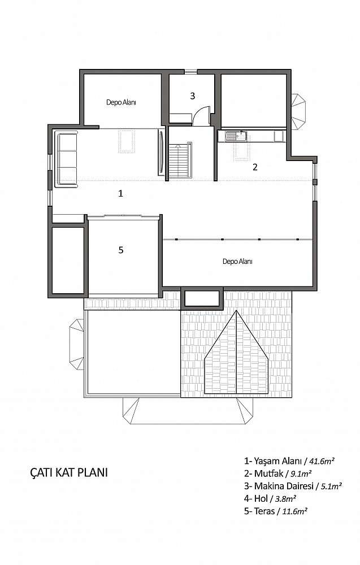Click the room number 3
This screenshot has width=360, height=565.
point(192,96)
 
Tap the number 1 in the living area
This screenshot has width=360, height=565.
point(121,193)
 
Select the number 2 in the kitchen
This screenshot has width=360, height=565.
point(255,167)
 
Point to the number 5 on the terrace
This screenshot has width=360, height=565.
point(121,250)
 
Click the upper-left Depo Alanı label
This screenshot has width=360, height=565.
point(121,102)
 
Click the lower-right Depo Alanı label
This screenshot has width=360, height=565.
point(237,262)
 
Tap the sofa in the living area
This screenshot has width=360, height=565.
point(66,159)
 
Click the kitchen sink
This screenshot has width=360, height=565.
point(236,136)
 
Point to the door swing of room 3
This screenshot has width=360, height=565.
point(201,115)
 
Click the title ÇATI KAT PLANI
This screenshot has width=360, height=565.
point(69,472)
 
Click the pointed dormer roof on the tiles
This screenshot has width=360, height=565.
point(236,353)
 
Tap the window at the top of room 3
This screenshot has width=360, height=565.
point(191,71)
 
